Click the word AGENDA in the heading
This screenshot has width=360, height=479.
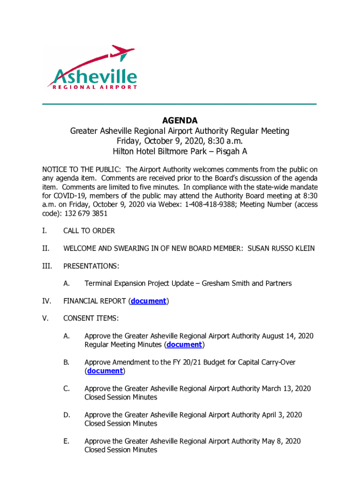(180, 121)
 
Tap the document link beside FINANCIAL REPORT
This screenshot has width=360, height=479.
(149, 301)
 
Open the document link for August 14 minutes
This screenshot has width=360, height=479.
(184, 345)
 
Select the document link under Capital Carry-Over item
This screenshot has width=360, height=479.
(105, 371)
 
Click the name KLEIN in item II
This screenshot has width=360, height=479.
(303, 248)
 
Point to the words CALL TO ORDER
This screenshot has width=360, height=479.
(89, 231)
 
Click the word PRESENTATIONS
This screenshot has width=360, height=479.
(91, 266)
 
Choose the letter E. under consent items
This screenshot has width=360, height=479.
(66, 441)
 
